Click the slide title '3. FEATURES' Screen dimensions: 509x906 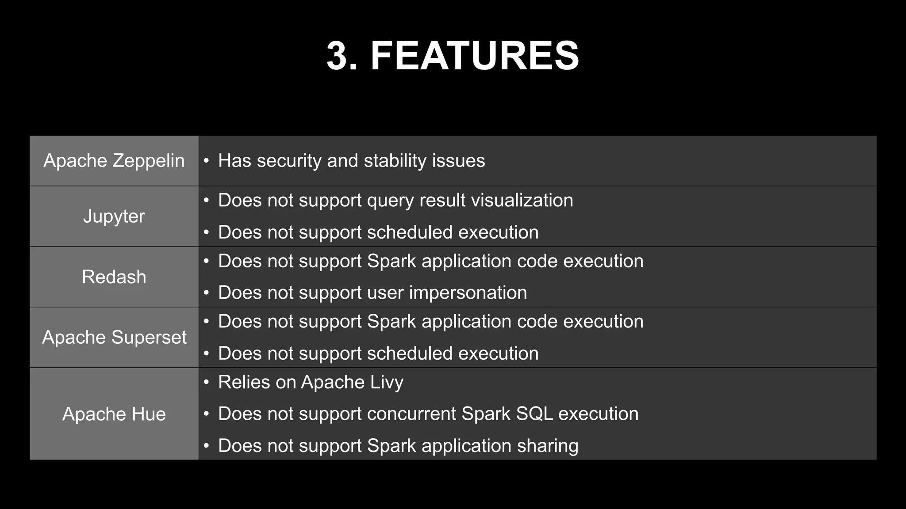pyautogui.click(x=453, y=56)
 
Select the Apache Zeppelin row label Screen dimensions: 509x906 pyautogui.click(x=114, y=161)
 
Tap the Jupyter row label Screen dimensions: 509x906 pyautogui.click(x=114, y=217)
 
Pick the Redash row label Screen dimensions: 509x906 pyautogui.click(x=114, y=277)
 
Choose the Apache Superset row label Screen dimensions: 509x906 pyautogui.click(x=114, y=338)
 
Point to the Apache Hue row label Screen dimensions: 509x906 pyautogui.click(x=114, y=414)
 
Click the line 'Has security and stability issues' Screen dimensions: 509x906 pyautogui.click(x=351, y=161)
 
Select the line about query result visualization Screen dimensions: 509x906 pyautogui.click(x=395, y=201)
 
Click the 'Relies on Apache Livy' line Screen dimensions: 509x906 pyautogui.click(x=311, y=382)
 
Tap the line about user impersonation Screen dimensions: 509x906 pyautogui.click(x=372, y=293)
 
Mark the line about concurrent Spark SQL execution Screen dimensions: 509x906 pyautogui.click(x=428, y=414)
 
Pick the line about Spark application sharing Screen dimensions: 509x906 pyautogui.click(x=398, y=446)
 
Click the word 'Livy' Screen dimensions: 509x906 pyautogui.click(x=386, y=382)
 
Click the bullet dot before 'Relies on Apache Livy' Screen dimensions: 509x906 pyautogui.click(x=206, y=382)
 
